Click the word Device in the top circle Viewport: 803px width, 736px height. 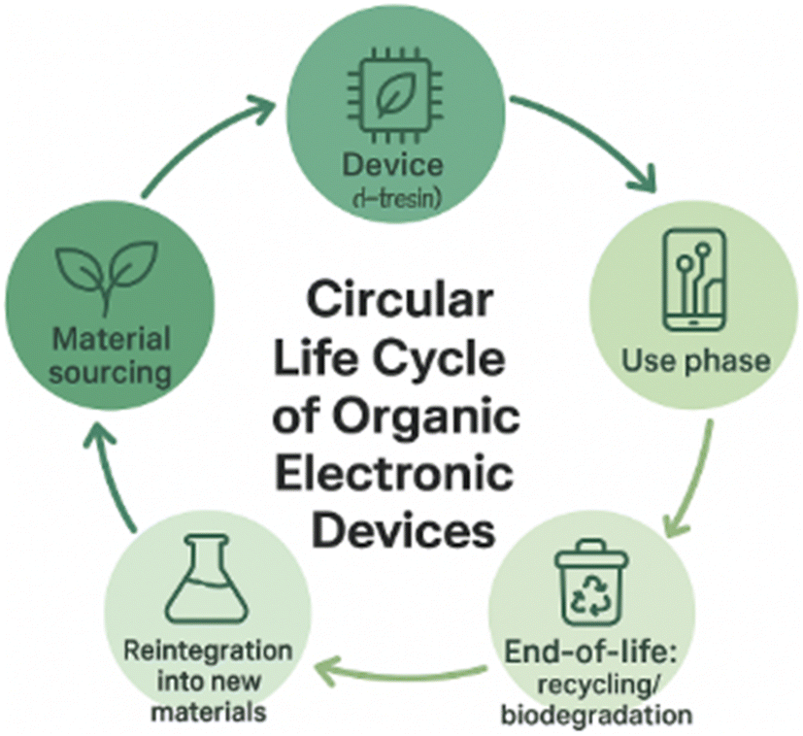tap(392, 163)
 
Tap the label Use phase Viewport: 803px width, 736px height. tap(696, 361)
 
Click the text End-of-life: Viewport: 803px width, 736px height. tap(595, 652)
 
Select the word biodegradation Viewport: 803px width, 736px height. tap(596, 717)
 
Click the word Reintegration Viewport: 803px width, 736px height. tap(208, 649)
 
